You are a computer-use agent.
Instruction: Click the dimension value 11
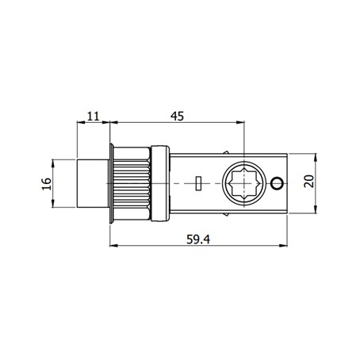94,116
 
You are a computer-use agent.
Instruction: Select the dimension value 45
177,117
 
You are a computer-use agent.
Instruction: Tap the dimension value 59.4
198,239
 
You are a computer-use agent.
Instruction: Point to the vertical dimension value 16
47,183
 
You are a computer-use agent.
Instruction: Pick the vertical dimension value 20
309,182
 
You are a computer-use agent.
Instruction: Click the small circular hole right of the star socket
277,183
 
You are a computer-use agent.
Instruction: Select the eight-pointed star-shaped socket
243,183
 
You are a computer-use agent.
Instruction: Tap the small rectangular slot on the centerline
198,183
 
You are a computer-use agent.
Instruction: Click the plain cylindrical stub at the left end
93,183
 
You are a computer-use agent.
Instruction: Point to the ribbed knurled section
132,183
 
